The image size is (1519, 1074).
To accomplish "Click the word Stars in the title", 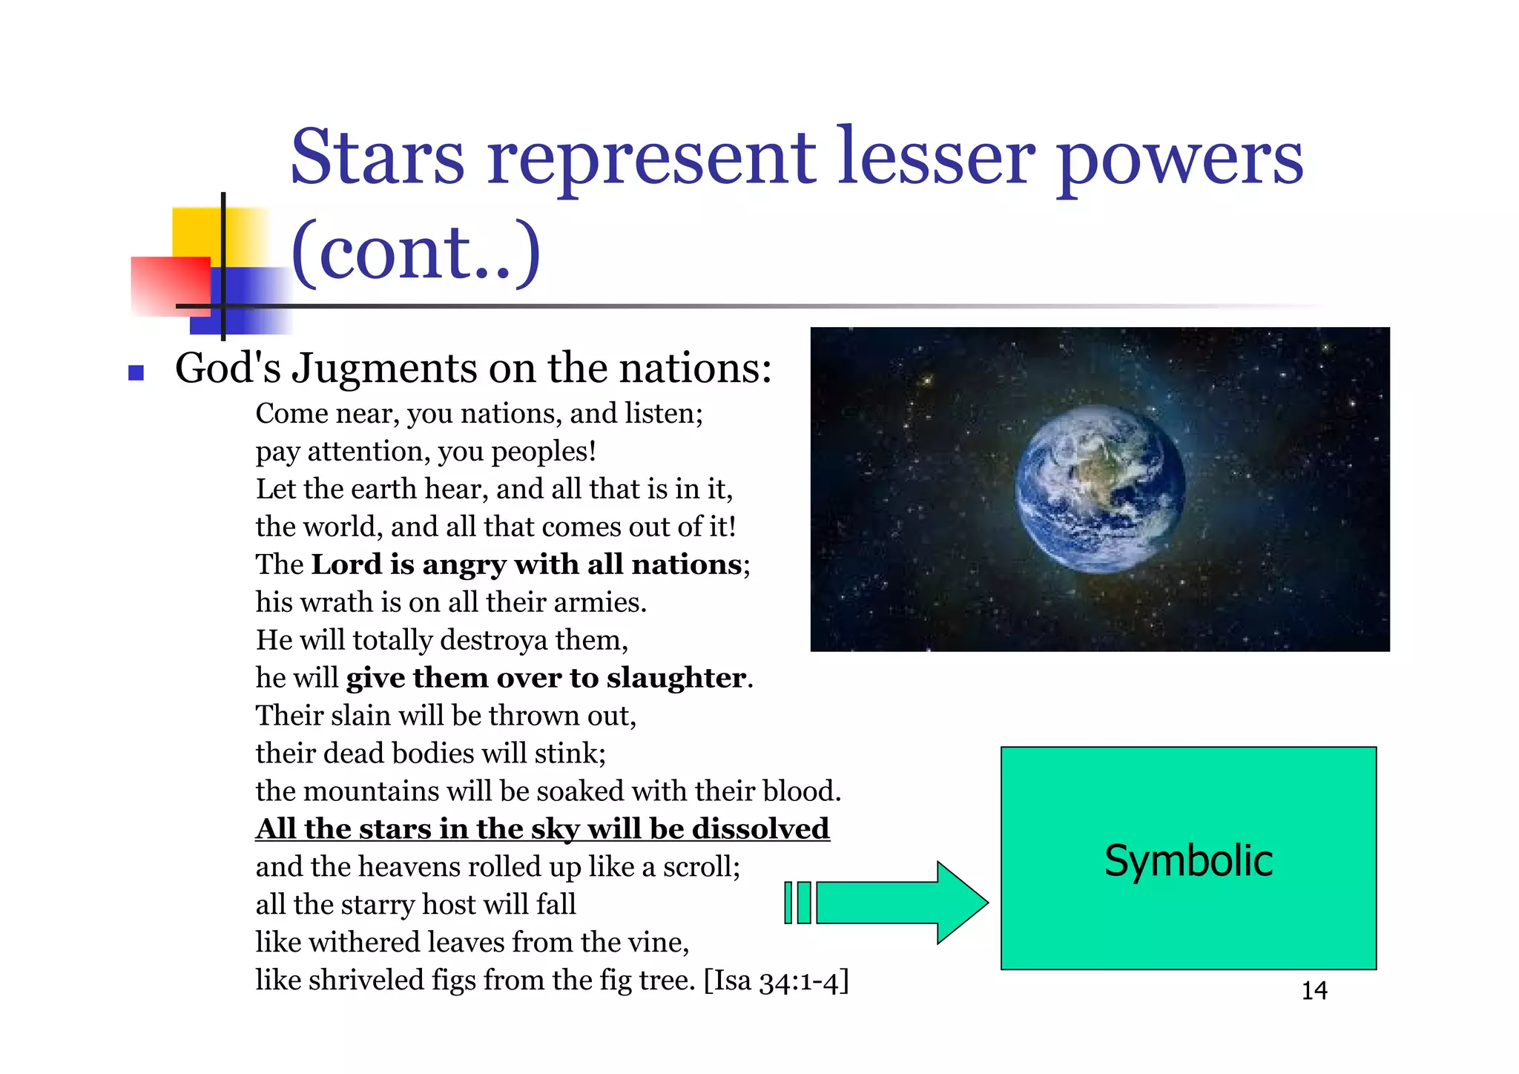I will pos(377,157).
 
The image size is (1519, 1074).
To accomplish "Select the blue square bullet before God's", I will pos(136,372).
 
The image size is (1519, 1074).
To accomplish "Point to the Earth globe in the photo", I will pos(1099,489).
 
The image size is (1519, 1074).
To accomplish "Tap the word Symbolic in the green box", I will pos(1188,860).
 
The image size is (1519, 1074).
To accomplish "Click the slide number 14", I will pos(1314,991).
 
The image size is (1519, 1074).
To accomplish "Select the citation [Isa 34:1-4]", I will pos(776,981).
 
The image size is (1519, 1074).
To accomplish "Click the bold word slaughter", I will pos(676,678).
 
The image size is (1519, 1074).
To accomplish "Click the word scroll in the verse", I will pos(699,867).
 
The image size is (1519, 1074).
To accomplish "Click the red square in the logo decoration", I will pos(170,286).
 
